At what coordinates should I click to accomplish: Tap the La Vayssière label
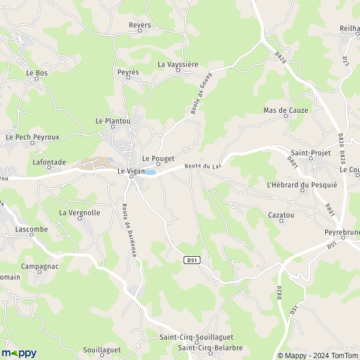coord(178,64)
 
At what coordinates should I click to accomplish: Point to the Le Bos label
coord(37,73)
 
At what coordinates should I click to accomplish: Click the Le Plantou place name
coord(113,121)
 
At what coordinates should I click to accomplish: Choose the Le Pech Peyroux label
coord(32,137)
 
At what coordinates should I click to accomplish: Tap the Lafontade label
coord(49,162)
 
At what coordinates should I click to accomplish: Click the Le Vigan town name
coord(131,171)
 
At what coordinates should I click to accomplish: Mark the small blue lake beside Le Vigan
coord(151,172)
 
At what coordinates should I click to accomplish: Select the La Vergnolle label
coord(79,212)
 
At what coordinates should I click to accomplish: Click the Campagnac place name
coord(40,266)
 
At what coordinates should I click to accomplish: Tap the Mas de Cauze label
coord(286,110)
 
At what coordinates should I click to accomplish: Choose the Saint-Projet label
coord(310,153)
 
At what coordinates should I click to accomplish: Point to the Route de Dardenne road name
coord(130,230)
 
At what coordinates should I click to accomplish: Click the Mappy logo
coord(19,353)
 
